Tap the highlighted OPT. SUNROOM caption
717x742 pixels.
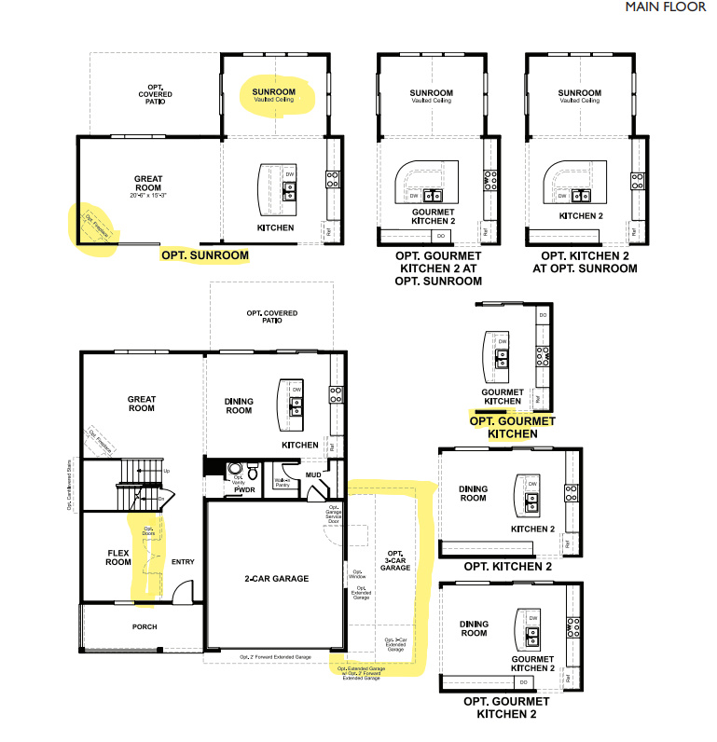coord(205,254)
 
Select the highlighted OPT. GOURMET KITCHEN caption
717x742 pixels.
coord(512,427)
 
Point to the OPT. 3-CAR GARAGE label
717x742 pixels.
coord(395,561)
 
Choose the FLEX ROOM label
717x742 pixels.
coord(118,556)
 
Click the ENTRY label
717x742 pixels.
coord(183,562)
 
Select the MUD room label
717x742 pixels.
coord(313,474)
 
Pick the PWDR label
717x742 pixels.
coord(246,488)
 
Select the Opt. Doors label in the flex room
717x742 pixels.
coord(148,533)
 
